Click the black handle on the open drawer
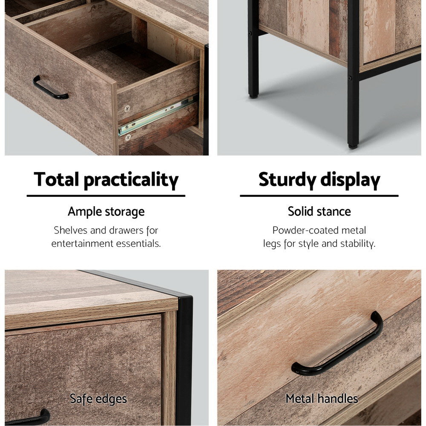50,89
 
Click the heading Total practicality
106,180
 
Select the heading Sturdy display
319,180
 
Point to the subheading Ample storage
106,212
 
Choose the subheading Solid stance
319,211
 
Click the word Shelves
70,230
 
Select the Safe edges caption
98,399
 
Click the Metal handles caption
322,399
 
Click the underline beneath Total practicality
106,196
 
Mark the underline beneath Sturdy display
319,196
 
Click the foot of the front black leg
353,145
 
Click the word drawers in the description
126,230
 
